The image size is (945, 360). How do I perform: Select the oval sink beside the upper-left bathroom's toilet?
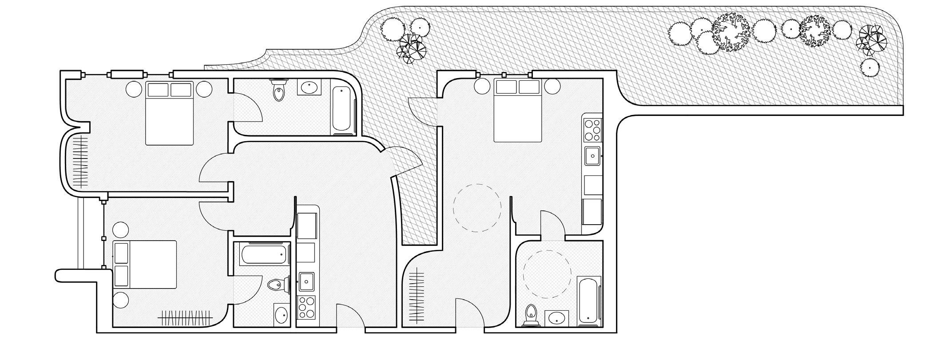pyautogui.click(x=309, y=87)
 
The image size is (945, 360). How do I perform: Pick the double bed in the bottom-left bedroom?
pyautogui.click(x=145, y=265)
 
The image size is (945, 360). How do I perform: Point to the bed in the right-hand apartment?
pyautogui.click(x=518, y=111)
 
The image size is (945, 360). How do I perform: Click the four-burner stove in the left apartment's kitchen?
pyautogui.click(x=306, y=307)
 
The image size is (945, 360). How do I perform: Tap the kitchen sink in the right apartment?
pyautogui.click(x=592, y=156)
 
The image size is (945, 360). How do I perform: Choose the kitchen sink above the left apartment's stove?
pyautogui.click(x=306, y=281)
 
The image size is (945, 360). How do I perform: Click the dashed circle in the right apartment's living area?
pyautogui.click(x=477, y=208)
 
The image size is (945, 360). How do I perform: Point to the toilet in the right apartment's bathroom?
pyautogui.click(x=530, y=315)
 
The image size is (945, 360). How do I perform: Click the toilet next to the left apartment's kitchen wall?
pyautogui.click(x=277, y=284)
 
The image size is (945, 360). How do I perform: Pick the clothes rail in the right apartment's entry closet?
pyautogui.click(x=416, y=296)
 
